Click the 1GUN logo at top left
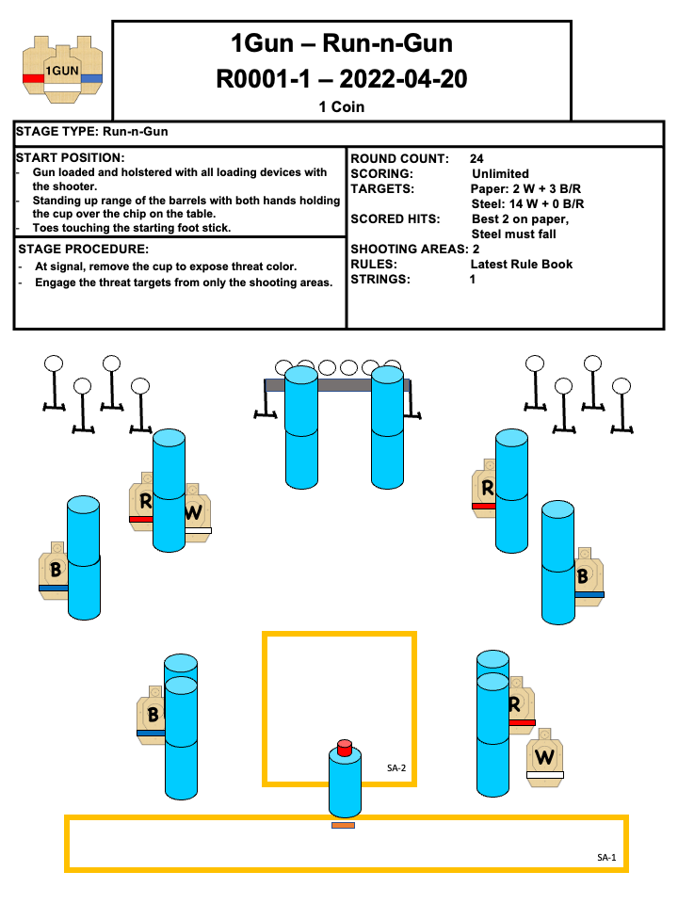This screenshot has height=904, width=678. click(62, 69)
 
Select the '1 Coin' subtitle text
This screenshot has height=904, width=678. click(341, 107)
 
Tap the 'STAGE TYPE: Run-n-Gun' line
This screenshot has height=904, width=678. click(92, 132)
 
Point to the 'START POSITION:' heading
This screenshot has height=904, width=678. click(71, 157)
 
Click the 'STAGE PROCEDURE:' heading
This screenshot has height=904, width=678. click(83, 250)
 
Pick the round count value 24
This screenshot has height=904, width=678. click(476, 158)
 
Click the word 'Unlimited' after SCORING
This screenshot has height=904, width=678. click(500, 173)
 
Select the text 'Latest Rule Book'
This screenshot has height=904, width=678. click(521, 264)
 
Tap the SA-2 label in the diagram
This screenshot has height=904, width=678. click(396, 768)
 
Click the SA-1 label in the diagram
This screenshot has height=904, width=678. click(606, 857)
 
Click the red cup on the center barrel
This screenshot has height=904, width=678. click(345, 748)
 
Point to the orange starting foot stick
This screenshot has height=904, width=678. click(343, 826)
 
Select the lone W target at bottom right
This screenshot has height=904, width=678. click(545, 756)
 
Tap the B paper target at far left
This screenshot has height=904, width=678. click(54, 569)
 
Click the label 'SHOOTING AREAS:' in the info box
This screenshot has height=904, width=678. click(409, 249)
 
